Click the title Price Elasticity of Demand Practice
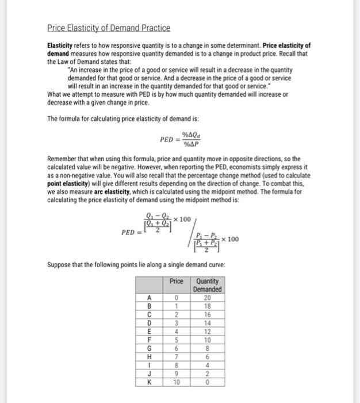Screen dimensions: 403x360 [x=109, y=28]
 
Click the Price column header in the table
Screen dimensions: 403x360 [x=177, y=281]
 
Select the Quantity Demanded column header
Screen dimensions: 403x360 [x=207, y=285]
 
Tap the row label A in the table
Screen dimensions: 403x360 [x=150, y=297]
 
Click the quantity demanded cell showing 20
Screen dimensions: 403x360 [x=207, y=297]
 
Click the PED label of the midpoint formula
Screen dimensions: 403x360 [x=128, y=233]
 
